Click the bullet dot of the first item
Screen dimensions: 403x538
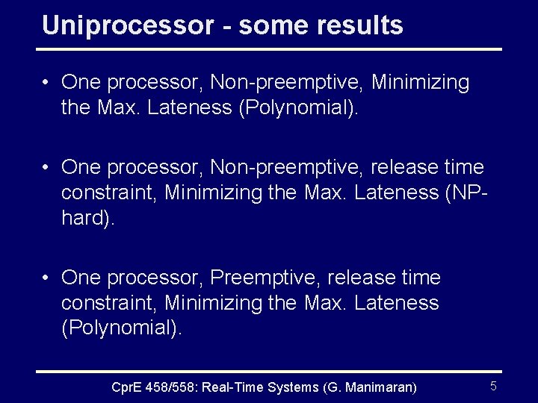pyautogui.click(x=47, y=82)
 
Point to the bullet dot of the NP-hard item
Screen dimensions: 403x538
pyautogui.click(x=47, y=167)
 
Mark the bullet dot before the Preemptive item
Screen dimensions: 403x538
pyautogui.click(x=47, y=278)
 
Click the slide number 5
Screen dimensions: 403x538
pyautogui.click(x=493, y=386)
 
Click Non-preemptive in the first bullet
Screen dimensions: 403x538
pyautogui.click(x=287, y=82)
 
